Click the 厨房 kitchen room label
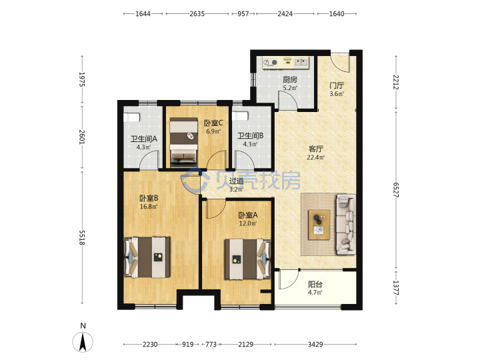point(289,79)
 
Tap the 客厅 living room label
point(315,149)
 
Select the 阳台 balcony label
point(315,284)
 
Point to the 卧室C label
point(213,123)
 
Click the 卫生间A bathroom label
point(144,139)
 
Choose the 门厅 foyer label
point(337,85)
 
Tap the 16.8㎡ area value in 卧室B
point(149,207)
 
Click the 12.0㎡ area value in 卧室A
point(248,223)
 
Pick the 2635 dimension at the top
point(197,14)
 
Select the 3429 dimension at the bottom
point(315,345)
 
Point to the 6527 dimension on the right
point(396,190)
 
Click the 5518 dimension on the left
point(82,237)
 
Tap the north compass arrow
point(83,342)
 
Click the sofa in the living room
point(346,225)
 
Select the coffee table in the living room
point(319,225)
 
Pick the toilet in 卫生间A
point(131,117)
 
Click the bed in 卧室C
point(184,141)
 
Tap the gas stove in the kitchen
point(270,63)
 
